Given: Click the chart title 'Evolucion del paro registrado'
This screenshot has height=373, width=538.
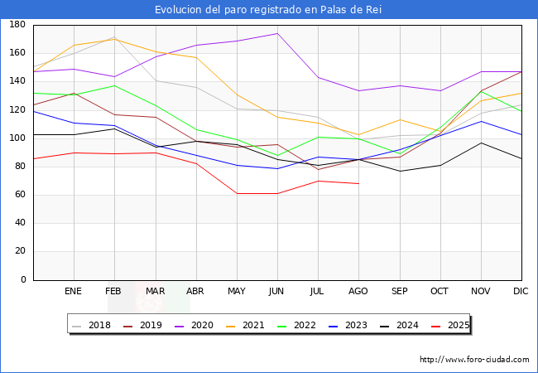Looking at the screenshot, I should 269,9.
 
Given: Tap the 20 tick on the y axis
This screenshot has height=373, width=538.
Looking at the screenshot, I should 19,252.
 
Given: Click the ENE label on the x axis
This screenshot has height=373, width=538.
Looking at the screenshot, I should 73,292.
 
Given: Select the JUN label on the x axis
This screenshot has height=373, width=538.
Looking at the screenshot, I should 276,292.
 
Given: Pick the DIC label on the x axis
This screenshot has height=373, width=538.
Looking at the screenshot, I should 521,292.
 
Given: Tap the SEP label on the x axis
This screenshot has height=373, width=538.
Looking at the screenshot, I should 399,292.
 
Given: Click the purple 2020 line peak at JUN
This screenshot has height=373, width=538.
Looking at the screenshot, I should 276,34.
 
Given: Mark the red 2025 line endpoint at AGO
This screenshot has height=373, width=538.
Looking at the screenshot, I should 358,183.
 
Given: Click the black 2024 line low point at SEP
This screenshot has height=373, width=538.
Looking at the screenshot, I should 399,172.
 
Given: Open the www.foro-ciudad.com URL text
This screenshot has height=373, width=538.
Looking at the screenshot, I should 474,360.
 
